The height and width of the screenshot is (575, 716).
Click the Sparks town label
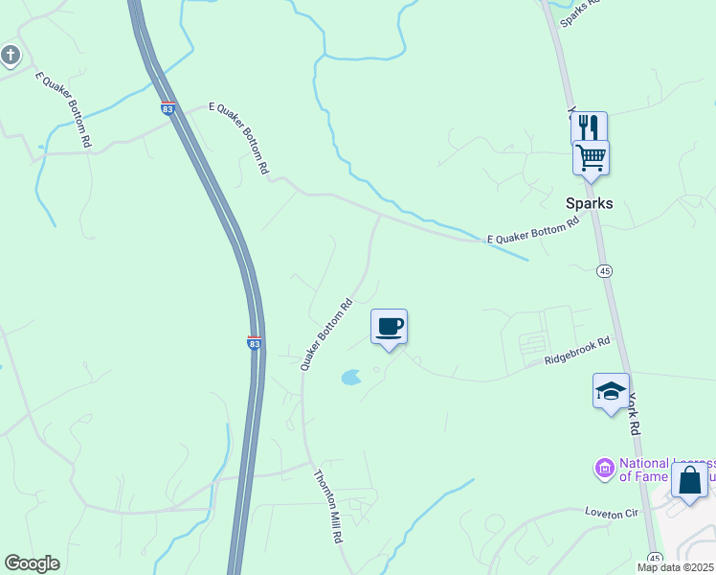(x=589, y=203)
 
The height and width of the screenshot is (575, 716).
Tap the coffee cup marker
(x=389, y=327)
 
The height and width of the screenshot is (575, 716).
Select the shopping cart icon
(x=592, y=155)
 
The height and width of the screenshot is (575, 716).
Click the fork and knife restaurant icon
(x=588, y=126)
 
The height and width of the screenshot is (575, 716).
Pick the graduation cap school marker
(x=611, y=391)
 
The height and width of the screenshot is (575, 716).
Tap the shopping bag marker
(x=689, y=480)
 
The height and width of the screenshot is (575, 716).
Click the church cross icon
(x=11, y=56)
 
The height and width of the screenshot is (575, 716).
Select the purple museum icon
(x=604, y=468)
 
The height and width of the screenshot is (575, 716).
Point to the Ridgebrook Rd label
(x=577, y=351)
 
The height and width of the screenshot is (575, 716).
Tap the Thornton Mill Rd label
(x=328, y=507)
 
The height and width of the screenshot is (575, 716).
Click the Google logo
(x=32, y=563)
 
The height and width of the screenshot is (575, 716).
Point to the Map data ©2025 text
(x=674, y=567)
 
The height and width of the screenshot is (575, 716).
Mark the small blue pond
(x=351, y=378)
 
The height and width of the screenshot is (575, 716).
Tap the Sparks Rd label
(x=580, y=11)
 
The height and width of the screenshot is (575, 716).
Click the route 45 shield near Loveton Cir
(x=655, y=557)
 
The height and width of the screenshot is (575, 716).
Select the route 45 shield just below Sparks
(x=604, y=271)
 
